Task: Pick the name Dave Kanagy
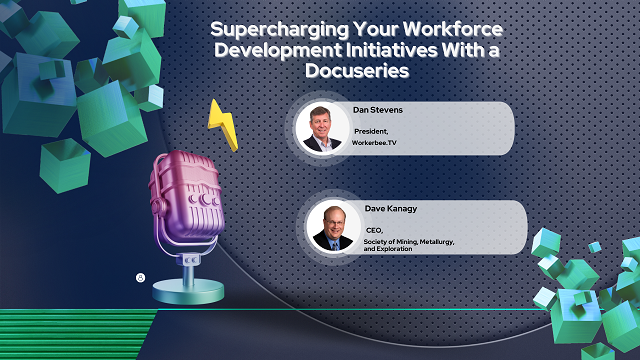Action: click(x=378, y=209)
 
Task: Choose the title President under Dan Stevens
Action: click(x=372, y=131)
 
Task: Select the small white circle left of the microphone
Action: click(x=141, y=276)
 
